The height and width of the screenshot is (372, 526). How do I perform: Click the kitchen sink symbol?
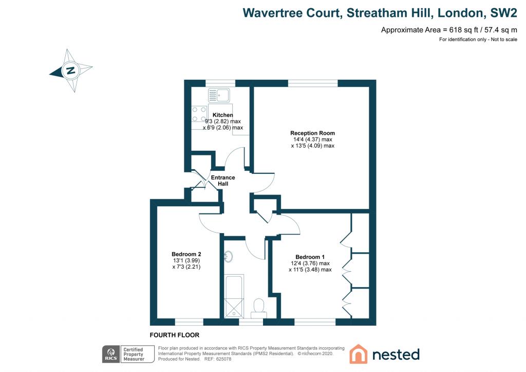[x=219, y=95]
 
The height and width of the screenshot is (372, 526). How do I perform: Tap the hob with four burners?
[x=199, y=114]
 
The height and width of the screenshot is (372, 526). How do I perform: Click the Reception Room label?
[x=313, y=133]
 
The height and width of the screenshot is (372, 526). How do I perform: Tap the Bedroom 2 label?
[x=186, y=254]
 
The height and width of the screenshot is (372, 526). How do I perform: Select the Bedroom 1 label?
[x=310, y=257]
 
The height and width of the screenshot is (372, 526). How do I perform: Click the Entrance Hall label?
[x=223, y=181]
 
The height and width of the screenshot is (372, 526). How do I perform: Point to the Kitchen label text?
[x=223, y=115]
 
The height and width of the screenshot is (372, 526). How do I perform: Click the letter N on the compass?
[x=71, y=70]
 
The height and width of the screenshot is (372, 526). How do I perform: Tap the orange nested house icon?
[x=358, y=354]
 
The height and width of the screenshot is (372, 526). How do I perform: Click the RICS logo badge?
[x=111, y=354]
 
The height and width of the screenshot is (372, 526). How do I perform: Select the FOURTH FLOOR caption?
[x=175, y=335]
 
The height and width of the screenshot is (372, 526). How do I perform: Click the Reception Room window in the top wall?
[x=313, y=83]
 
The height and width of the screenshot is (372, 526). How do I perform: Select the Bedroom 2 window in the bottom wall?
[x=189, y=322]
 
